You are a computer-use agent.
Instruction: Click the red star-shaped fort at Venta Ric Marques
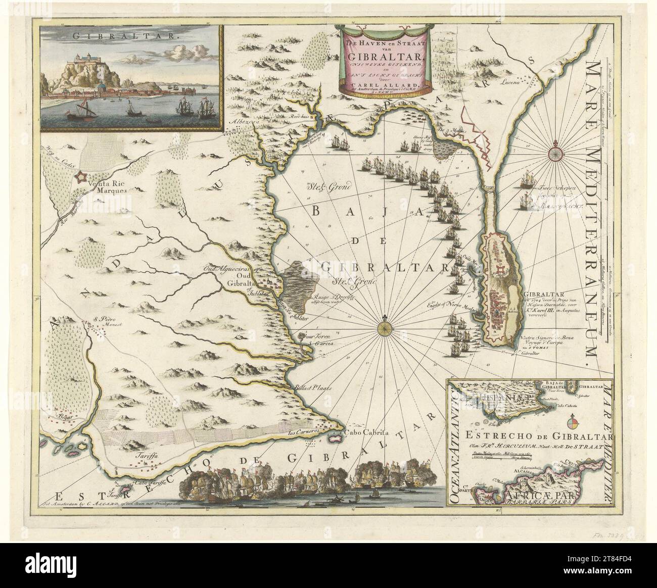coord(80,177)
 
